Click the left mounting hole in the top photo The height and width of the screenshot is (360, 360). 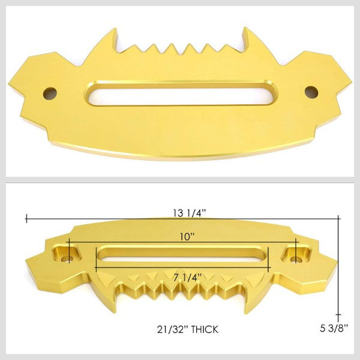pos(49,93)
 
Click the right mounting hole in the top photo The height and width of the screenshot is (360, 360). pos(310,92)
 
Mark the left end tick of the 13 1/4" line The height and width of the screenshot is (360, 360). pos(26,218)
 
